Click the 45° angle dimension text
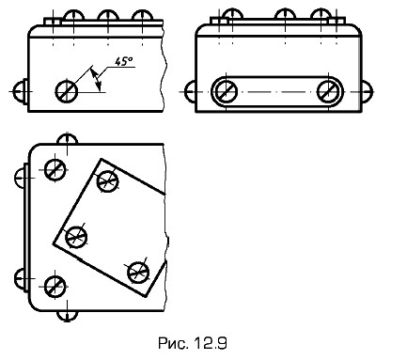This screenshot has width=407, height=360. [123, 61]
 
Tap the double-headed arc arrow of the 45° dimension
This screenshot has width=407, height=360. [97, 79]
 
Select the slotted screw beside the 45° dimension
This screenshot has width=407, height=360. [67, 92]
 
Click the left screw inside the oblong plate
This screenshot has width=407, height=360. [226, 92]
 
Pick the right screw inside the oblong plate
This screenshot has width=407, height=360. [328, 92]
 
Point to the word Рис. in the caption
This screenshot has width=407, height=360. [173, 343]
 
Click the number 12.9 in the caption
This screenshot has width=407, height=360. [211, 343]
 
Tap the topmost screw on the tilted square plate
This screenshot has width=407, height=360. [107, 181]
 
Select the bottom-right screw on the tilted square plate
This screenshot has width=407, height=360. [138, 273]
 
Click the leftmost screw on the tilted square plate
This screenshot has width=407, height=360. [76, 237]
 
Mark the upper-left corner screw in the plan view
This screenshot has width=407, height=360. [55, 170]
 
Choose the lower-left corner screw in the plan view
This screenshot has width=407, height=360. [55, 287]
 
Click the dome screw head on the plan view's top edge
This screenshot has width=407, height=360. [68, 139]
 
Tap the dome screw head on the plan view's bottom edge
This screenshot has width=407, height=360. [68, 316]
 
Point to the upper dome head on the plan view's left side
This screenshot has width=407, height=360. [20, 178]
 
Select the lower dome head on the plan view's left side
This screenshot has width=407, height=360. [20, 278]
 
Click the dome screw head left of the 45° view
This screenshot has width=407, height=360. [21, 92]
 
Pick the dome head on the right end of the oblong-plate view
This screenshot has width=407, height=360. [368, 92]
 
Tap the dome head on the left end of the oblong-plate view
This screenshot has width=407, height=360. [191, 92]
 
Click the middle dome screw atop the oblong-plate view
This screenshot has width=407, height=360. [285, 14]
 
